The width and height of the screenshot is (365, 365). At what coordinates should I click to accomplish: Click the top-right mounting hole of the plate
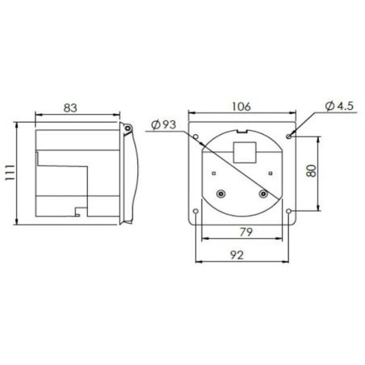click(x=289, y=135)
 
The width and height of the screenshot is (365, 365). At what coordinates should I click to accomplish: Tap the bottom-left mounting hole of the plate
click(x=196, y=212)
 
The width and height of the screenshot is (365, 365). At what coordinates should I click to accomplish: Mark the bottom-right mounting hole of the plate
click(x=290, y=212)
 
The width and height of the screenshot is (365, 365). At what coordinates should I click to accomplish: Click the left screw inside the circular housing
click(x=222, y=194)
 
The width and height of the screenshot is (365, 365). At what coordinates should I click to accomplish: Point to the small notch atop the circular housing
click(x=241, y=131)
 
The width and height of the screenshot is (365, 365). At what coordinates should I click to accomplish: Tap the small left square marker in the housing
click(x=212, y=171)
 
